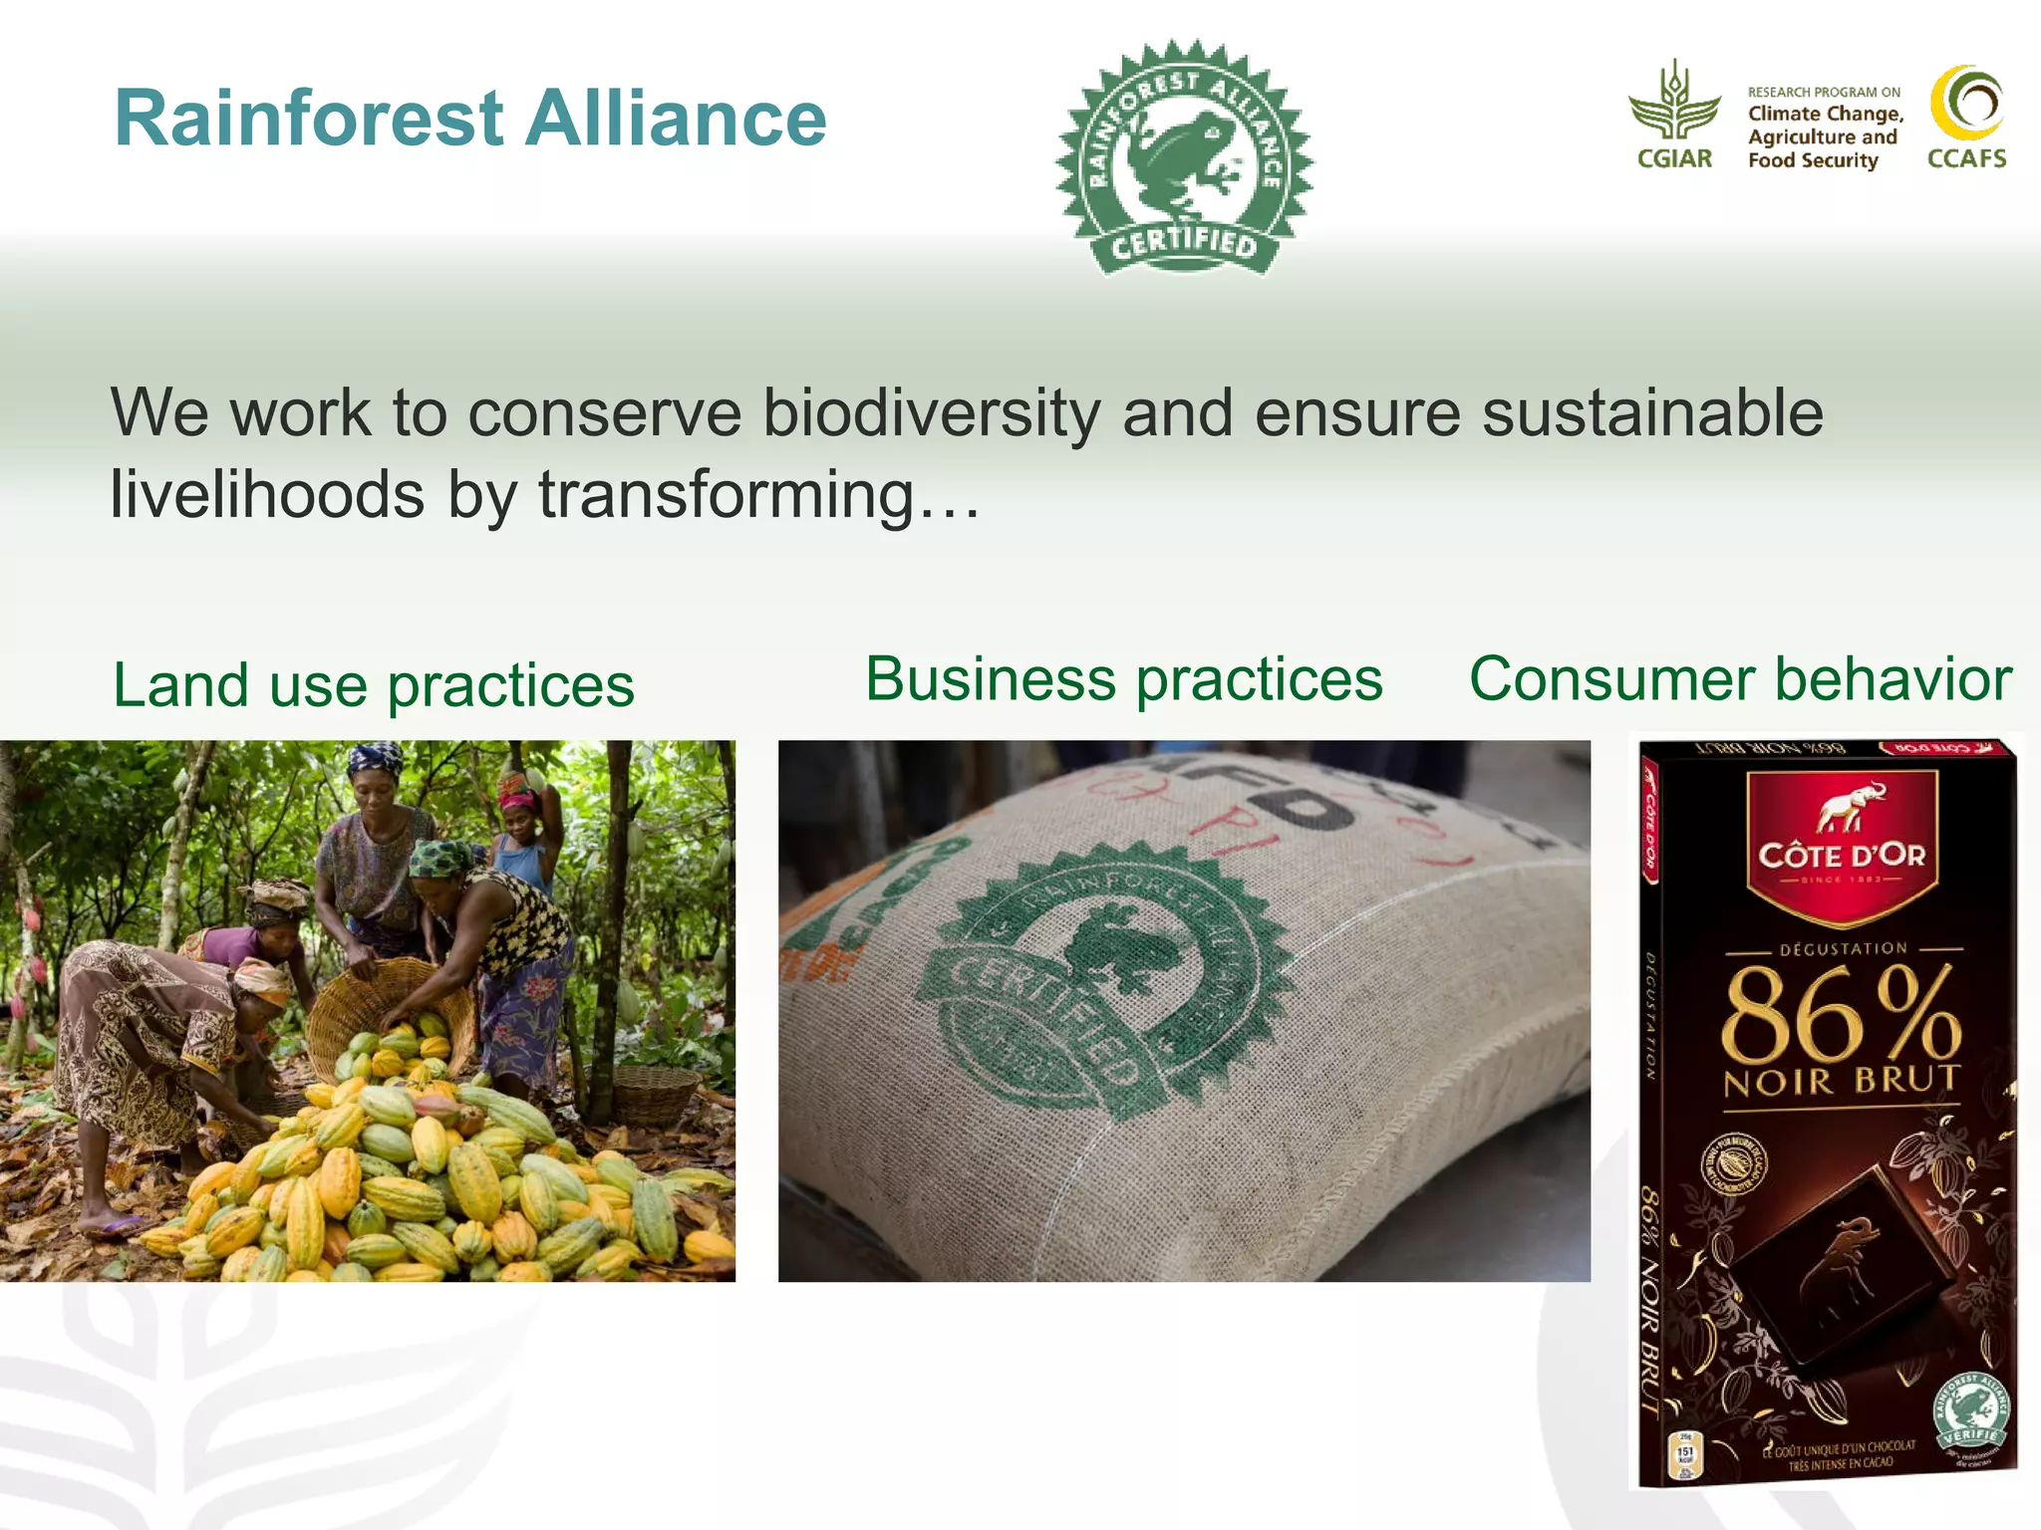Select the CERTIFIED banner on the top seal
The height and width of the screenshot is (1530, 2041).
pos(1184,245)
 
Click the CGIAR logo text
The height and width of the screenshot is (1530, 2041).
pos(1674,158)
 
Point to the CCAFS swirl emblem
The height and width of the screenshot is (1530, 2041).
pos(1966,104)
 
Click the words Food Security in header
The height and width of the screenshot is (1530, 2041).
pos(1812,160)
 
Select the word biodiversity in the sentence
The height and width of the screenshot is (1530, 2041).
pos(931,413)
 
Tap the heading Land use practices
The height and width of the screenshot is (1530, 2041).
pos(374,685)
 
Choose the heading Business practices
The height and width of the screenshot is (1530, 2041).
pos(1123,679)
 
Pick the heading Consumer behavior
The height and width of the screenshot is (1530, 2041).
pos(1740,679)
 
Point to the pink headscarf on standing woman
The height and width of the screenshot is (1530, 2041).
pos(516,797)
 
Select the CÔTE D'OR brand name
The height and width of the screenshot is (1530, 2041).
pos(1842,856)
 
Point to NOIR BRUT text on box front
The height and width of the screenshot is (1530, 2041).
pos(1842,1081)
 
